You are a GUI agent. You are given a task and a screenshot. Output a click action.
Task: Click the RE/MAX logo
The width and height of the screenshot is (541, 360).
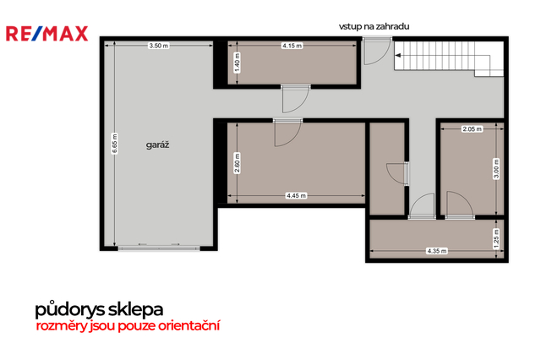coord(47,34)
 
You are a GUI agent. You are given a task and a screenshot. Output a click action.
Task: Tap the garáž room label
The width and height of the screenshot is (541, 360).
coord(158,145)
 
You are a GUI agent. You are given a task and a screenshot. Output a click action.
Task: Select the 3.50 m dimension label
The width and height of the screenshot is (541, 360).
coord(159,46)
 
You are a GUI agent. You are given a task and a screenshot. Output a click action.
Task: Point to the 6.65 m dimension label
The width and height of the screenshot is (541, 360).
coord(115,144)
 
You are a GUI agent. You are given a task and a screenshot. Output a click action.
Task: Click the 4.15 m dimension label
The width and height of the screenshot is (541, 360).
coord(292,46)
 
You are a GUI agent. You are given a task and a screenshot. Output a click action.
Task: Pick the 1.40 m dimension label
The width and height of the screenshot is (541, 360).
coord(237,63)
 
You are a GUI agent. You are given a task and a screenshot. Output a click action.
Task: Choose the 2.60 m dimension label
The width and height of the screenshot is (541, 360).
coord(237,163)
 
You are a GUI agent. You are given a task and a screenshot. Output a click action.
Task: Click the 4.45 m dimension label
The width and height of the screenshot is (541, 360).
coord(296,196)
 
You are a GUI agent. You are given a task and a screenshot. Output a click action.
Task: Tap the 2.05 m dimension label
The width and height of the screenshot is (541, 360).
coord(473,129)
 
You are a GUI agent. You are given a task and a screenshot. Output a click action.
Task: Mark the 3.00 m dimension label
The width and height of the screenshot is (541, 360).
coord(496,169)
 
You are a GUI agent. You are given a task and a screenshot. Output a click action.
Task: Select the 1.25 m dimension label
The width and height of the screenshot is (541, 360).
coord(496,238)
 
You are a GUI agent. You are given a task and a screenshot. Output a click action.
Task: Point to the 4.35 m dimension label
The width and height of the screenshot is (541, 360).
coord(437,251)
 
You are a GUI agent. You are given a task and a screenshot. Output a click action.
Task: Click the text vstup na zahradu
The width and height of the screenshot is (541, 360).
coord(374,26)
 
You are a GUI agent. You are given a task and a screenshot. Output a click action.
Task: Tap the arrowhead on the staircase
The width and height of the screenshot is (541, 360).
coord(398,55)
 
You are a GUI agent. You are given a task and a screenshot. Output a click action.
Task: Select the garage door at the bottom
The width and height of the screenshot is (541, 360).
coord(159,247)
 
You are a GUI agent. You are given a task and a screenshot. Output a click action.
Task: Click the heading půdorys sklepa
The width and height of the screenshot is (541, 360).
coord(99,309)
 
